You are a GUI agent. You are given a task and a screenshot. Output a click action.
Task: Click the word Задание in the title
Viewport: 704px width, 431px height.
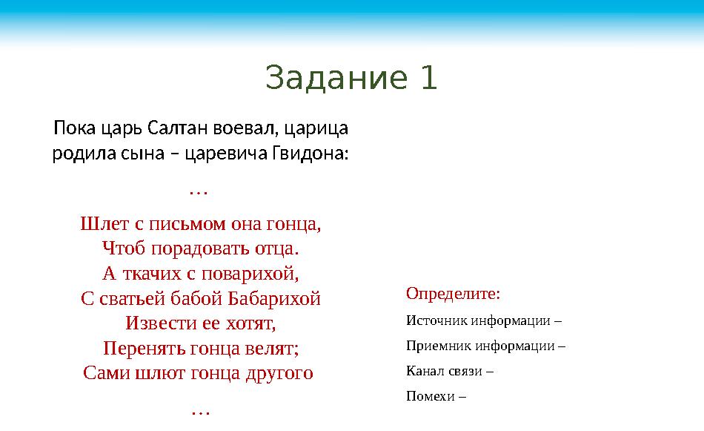[336, 78]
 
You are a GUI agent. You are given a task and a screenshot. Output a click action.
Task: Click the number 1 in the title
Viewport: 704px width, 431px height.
[428, 78]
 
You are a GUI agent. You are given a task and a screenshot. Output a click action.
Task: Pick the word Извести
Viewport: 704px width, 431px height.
[158, 324]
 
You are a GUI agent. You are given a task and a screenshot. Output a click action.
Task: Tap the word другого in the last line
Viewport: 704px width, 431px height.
[279, 373]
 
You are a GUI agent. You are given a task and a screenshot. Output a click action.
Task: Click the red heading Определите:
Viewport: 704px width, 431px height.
[453, 294]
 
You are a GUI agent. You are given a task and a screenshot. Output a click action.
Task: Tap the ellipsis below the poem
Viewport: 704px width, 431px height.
[199, 409]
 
